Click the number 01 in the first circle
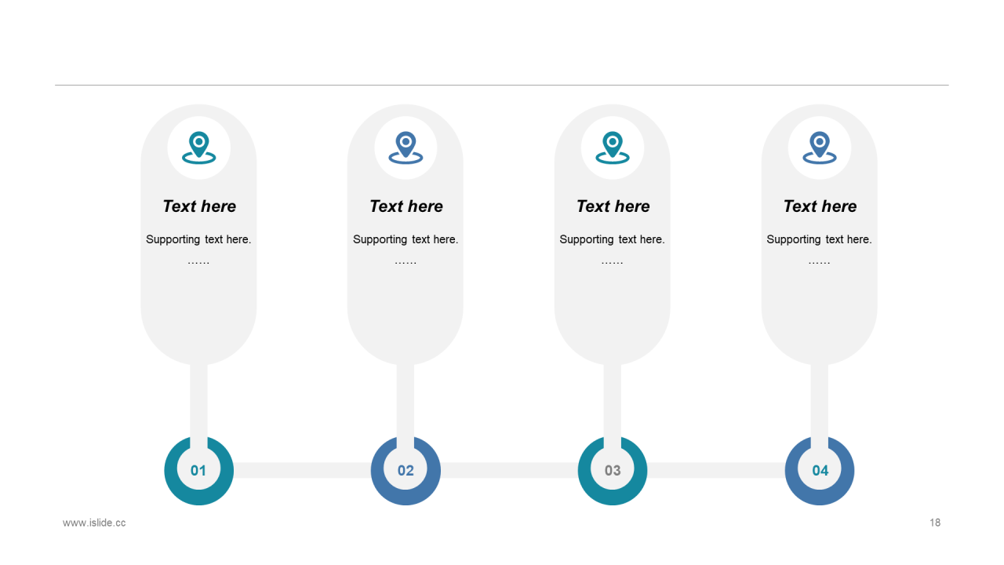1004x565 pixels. [x=198, y=471]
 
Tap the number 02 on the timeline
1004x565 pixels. [x=406, y=471]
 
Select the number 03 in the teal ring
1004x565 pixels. [x=613, y=471]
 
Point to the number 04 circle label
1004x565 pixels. [x=820, y=471]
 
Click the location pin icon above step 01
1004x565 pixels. [x=199, y=148]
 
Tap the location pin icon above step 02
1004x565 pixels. [x=406, y=148]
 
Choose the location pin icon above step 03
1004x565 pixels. [x=613, y=148]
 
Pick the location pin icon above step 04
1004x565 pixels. [x=820, y=148]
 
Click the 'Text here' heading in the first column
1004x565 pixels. [x=199, y=206]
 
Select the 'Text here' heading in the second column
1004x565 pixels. [x=406, y=206]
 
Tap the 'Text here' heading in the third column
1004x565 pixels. [x=613, y=206]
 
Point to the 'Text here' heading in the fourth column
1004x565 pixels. [x=820, y=206]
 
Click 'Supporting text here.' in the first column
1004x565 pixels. [x=198, y=239]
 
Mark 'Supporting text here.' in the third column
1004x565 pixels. [x=612, y=239]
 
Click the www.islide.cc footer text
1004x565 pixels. [x=94, y=523]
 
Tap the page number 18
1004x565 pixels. [x=935, y=523]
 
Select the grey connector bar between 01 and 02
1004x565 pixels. [x=302, y=470]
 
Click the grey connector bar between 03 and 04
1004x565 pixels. [x=716, y=470]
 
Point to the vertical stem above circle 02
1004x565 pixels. [x=406, y=400]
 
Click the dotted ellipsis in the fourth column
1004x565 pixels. [x=819, y=261]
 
